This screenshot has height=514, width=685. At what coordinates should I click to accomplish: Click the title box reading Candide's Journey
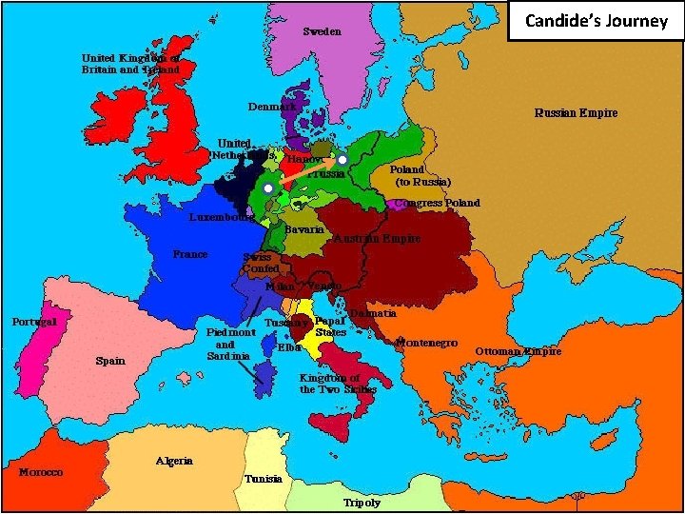click(x=596, y=21)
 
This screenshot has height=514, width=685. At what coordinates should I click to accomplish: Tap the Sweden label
click(x=322, y=31)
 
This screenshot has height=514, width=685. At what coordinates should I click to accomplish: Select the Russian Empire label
click(x=575, y=112)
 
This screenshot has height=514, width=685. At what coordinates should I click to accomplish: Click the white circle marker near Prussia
click(x=342, y=160)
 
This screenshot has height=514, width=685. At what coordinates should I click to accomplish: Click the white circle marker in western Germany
click(x=268, y=190)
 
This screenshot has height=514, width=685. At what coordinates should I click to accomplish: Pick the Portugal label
click(x=34, y=322)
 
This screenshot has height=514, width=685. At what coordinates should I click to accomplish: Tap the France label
click(x=190, y=254)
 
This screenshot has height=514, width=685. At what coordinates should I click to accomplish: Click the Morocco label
click(x=41, y=472)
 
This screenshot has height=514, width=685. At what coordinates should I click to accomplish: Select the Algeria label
click(x=174, y=461)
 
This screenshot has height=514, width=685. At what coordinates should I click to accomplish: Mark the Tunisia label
click(x=263, y=479)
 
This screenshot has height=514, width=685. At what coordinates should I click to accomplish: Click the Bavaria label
click(x=305, y=230)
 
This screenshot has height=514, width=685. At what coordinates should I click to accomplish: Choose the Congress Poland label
click(x=437, y=203)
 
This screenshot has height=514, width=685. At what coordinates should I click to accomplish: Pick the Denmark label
click(x=272, y=106)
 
